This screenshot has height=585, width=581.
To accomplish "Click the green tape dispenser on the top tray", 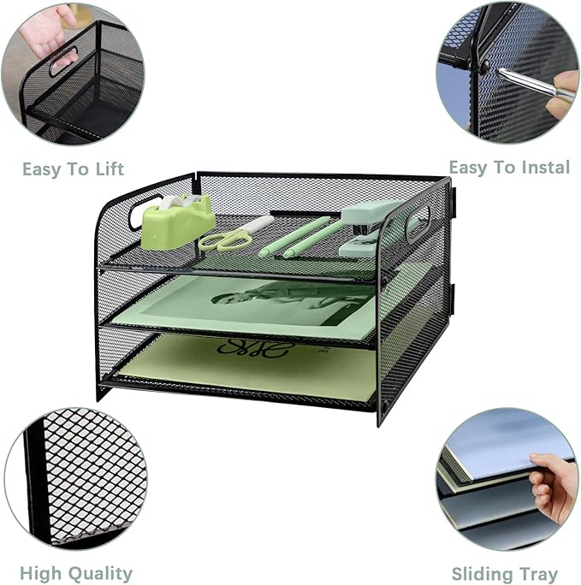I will [177, 221].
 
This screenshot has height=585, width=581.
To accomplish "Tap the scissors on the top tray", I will [233, 235].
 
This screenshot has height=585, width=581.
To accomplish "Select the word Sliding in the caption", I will [480, 574].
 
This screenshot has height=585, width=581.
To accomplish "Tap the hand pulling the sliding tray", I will [552, 487].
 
